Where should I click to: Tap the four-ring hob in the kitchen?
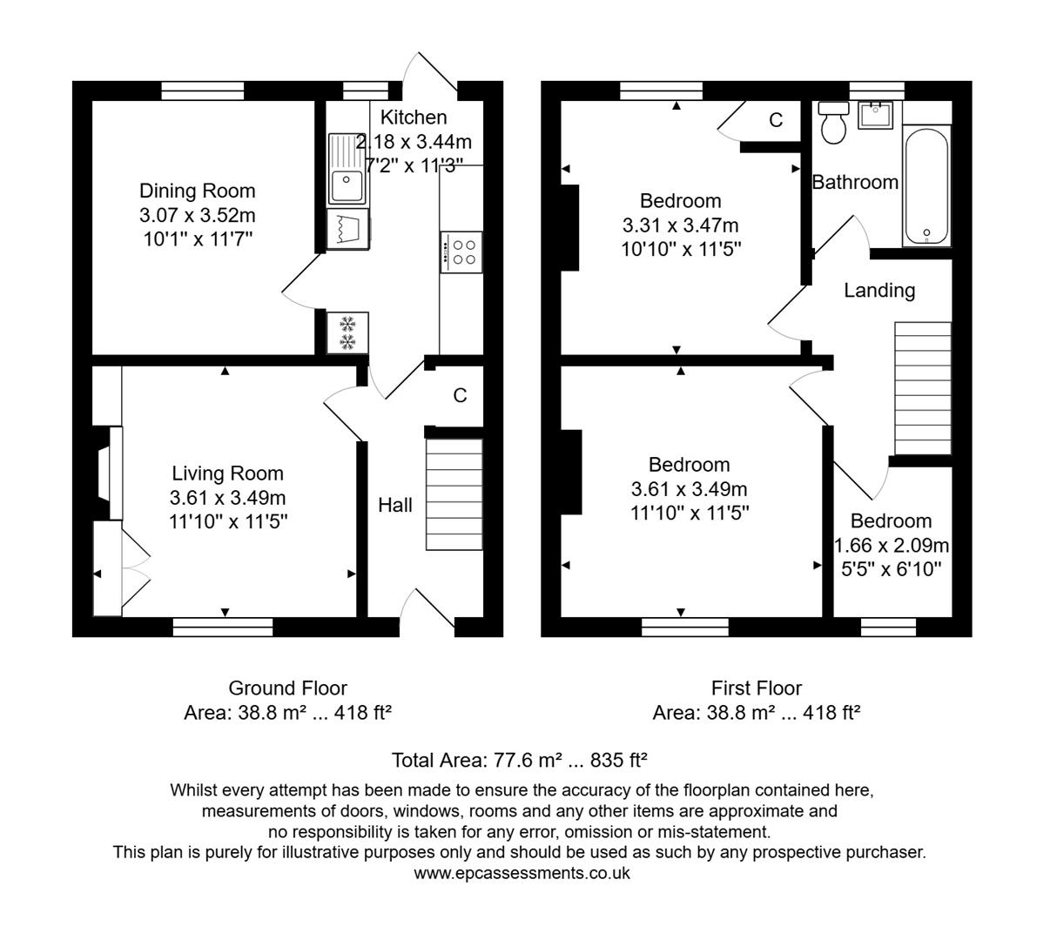461,252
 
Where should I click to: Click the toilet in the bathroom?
834,122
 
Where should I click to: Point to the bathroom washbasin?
876,115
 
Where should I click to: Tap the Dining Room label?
198,191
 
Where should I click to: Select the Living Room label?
227,473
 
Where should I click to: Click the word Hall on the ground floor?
394,505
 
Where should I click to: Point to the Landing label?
879,290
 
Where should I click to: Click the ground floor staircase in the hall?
454,494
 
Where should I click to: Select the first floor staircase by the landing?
923,388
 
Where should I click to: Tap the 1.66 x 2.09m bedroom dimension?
891,546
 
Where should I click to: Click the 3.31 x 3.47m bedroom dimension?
680,225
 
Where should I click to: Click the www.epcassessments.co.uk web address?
522,873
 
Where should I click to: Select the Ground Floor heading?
287,688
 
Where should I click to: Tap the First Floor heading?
756,688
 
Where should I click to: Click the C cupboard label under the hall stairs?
460,395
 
